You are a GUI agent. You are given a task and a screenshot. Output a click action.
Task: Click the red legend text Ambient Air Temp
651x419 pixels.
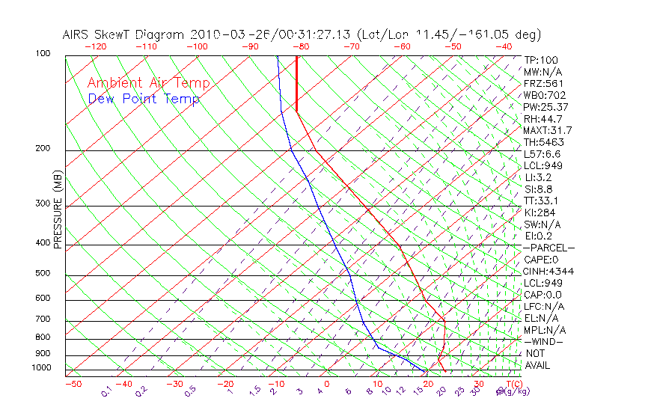pos(148,83)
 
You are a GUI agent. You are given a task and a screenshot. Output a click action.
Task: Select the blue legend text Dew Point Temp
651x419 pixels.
pos(144,100)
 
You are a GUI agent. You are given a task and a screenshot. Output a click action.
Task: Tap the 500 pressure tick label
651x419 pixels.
pos(42,274)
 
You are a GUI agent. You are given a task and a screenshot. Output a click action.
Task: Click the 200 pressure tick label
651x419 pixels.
pos(42,149)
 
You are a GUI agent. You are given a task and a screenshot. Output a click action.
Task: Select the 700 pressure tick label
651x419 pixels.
pos(42,320)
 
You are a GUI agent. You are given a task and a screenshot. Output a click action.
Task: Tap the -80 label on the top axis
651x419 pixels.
pos(301,46)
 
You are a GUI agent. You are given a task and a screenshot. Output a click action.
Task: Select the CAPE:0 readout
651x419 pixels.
pos(542,260)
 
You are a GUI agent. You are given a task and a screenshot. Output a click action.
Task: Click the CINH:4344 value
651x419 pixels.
pos(548,271)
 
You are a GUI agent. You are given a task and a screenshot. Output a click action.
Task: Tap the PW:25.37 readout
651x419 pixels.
pos(545,107)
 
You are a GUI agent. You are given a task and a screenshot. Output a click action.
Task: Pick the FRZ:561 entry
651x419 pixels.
pos(543,84)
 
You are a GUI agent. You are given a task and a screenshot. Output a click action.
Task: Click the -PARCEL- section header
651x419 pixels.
pos(548,248)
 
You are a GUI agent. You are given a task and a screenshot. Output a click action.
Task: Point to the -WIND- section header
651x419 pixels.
pos(544,341)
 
